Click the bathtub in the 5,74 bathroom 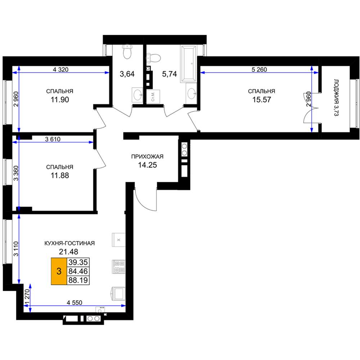(x=189, y=64)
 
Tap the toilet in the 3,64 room (x=127, y=51)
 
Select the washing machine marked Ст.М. (x=153, y=96)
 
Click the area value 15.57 (x=261, y=100)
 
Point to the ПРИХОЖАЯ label (x=147, y=157)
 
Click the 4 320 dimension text (x=60, y=69)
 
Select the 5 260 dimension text (x=259, y=69)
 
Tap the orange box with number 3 (x=59, y=271)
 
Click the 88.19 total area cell (x=78, y=280)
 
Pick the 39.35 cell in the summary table (x=78, y=262)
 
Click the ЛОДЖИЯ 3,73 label (x=336, y=98)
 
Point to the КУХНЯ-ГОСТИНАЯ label (x=69, y=243)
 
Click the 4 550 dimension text (x=75, y=303)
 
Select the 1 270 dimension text (x=27, y=297)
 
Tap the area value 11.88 (x=60, y=175)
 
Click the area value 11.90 (x=60, y=100)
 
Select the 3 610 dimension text (x=53, y=139)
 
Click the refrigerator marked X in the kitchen (x=118, y=240)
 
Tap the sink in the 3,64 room (x=138, y=95)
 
